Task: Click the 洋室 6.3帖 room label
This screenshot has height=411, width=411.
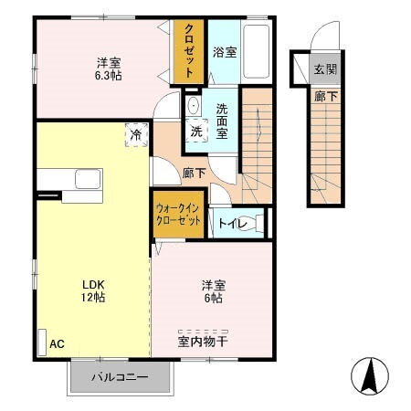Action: click(110, 69)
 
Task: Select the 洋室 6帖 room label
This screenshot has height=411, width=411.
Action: click(214, 290)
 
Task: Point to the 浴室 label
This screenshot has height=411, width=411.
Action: click(224, 52)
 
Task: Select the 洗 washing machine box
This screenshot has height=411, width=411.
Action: click(196, 131)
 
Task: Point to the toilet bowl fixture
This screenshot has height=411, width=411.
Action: click(256, 222)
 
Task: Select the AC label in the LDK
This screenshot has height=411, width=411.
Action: click(57, 343)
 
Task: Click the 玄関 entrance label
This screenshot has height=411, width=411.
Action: click(325, 69)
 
